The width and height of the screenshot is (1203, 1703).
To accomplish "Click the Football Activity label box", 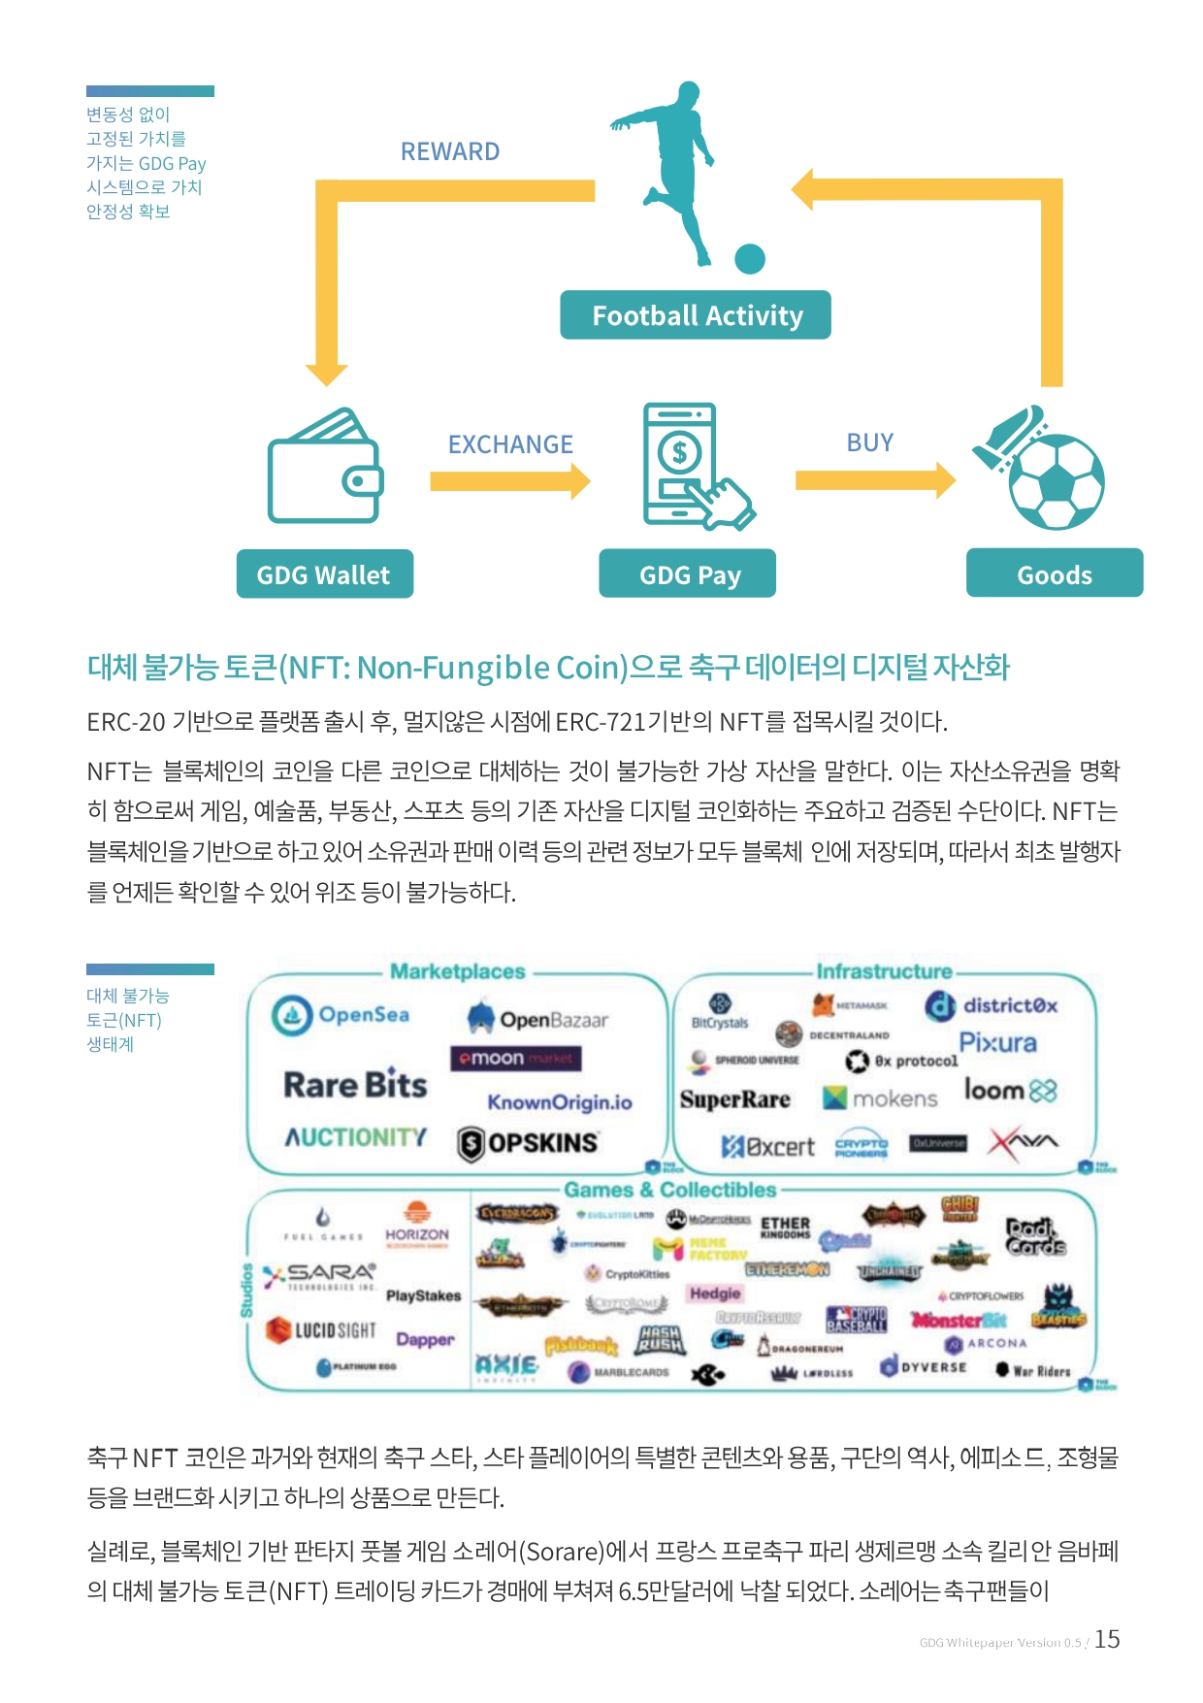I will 696,315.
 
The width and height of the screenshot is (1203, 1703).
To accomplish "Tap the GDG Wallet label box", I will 324,574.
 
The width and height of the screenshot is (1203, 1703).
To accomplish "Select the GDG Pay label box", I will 688,574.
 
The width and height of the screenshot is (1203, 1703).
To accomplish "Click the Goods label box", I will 1055,574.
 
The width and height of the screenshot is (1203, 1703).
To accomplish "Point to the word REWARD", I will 450,151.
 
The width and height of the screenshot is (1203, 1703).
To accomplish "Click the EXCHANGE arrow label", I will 510,444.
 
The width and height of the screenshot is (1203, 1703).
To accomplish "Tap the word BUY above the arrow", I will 869,442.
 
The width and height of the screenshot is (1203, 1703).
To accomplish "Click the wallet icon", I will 326,467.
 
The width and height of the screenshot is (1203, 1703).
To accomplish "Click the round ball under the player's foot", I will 750,259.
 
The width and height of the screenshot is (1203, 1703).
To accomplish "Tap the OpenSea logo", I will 341,1015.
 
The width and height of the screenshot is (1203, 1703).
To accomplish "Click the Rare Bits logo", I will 355,1085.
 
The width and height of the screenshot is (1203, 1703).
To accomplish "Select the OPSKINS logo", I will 529,1143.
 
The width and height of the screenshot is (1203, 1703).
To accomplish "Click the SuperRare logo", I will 735,1099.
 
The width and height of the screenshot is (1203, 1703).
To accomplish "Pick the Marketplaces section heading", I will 458,971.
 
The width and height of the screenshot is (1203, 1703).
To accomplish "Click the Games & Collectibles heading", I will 670,1190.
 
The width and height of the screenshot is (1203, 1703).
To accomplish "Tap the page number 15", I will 1107,1639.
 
